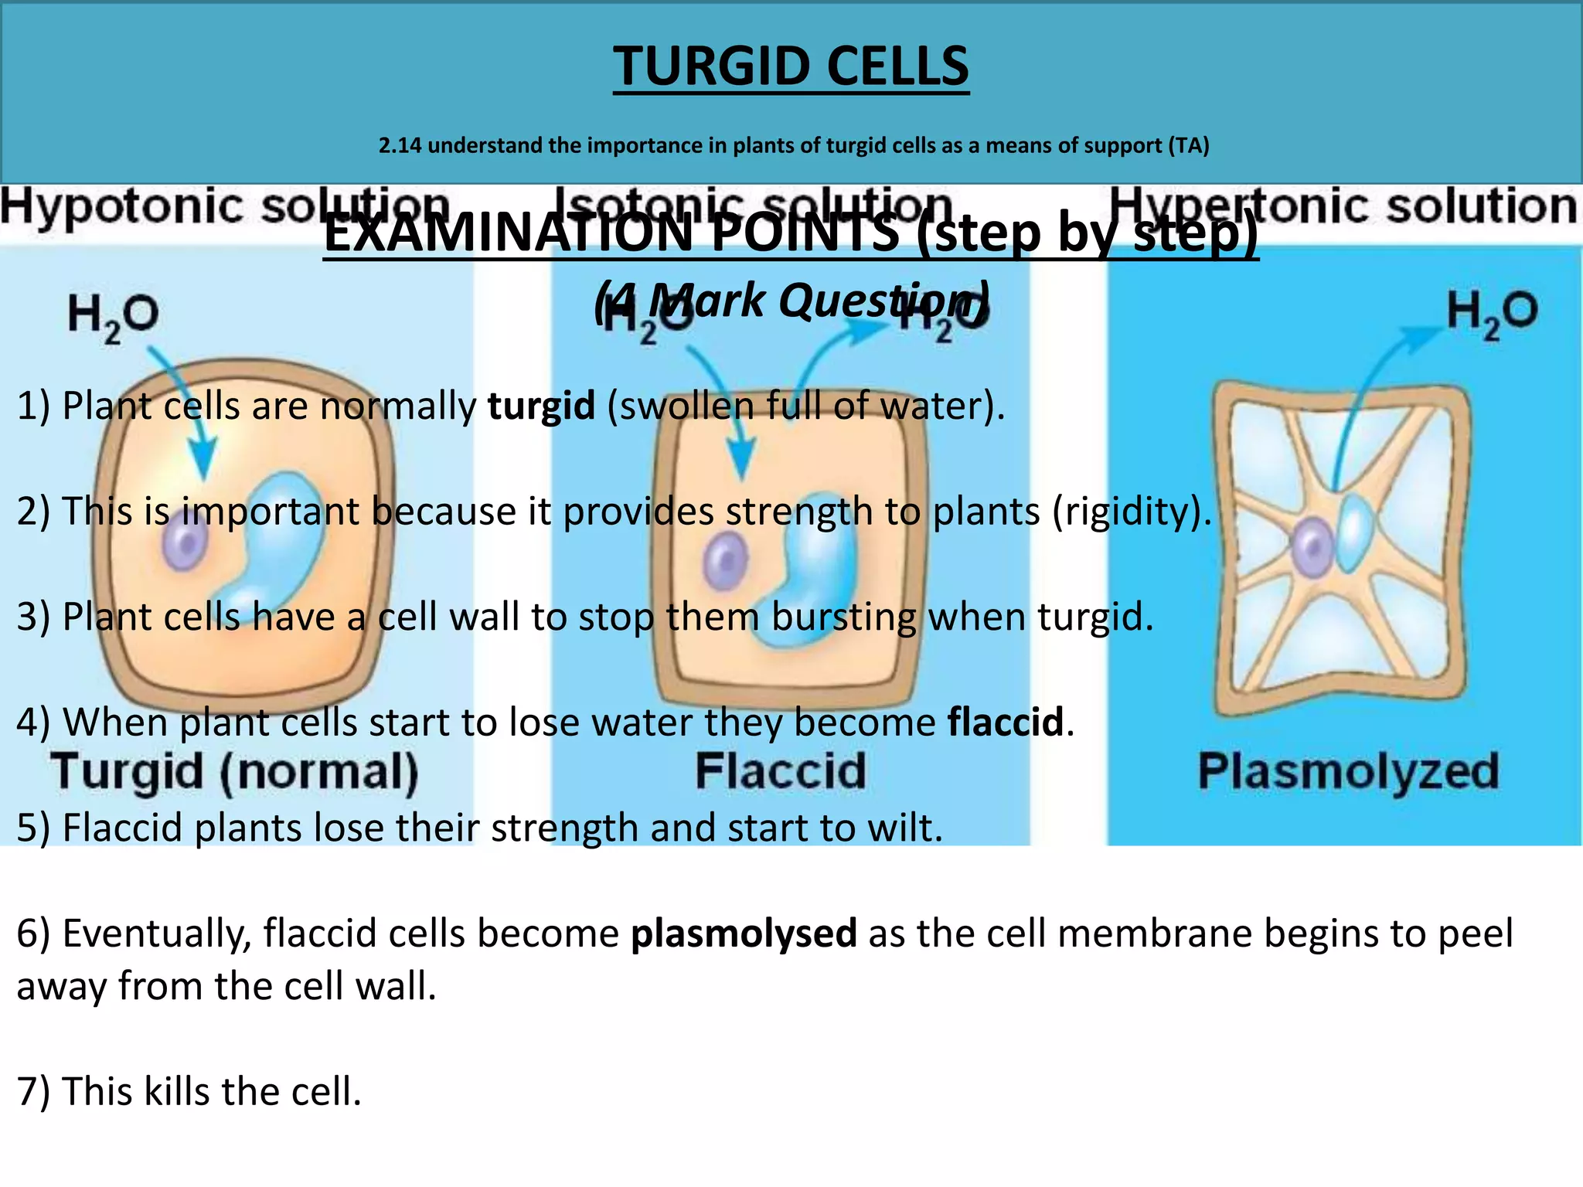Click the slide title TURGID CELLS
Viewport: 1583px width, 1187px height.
tap(791, 66)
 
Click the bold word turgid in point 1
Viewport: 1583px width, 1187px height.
tap(541, 406)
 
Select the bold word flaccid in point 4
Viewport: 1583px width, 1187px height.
tap(1006, 723)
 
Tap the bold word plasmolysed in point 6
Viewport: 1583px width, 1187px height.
tap(744, 934)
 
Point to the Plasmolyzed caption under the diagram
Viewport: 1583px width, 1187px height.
tap(1348, 771)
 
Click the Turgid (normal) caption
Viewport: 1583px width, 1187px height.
tap(235, 772)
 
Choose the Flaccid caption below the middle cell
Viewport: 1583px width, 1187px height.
tap(781, 771)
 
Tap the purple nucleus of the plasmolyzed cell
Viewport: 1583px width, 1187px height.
tap(1312, 547)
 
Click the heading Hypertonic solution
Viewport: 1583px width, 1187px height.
tap(1343, 207)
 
